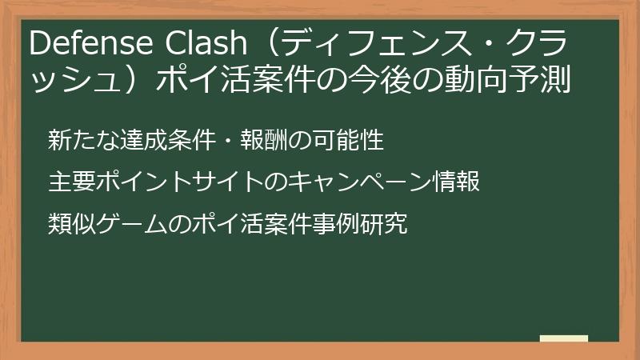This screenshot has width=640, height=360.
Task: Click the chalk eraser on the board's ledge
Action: [564, 338]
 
